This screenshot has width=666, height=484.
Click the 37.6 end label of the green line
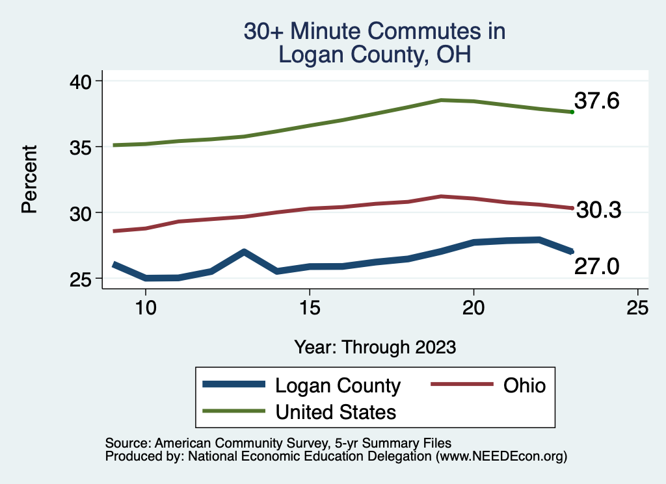596,101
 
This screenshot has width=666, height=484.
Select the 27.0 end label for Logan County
596,266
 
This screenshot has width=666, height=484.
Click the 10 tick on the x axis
146,307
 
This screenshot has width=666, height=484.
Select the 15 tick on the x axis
310,307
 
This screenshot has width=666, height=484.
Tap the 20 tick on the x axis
473,307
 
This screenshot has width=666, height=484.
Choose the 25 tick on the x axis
637,307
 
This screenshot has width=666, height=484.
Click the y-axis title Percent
29,179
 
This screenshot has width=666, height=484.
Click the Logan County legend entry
338,385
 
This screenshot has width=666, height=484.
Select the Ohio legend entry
524,385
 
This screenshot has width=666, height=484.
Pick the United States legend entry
336,411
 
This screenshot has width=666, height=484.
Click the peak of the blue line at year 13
244,251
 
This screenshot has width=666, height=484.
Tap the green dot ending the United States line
572,112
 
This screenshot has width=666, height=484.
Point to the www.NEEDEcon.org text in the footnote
501,457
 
